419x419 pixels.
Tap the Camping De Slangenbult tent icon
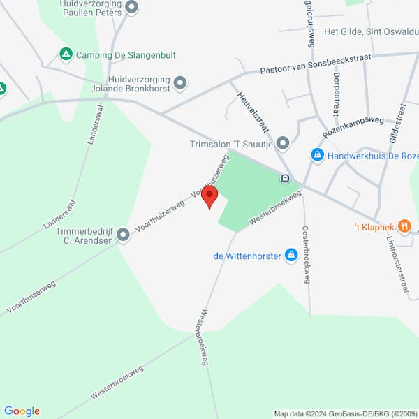[x=66, y=54]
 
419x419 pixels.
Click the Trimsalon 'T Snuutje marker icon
[x=283, y=144]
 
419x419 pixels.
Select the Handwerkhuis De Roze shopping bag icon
[x=317, y=154]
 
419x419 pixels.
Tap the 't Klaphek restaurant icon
[x=403, y=226]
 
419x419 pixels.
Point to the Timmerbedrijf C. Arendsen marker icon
[x=124, y=235]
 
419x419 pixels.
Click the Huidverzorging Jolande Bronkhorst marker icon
[x=180, y=83]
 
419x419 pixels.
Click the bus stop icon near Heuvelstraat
[x=285, y=178]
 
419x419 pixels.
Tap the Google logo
[x=22, y=411]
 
